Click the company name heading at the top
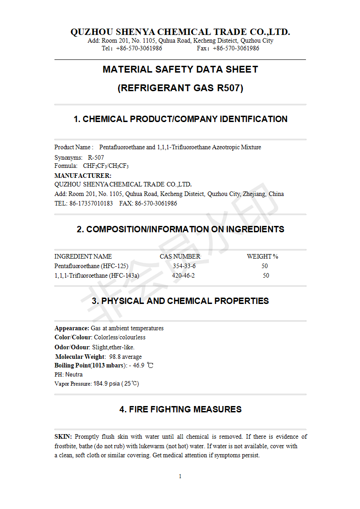(180, 32)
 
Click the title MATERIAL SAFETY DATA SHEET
(180, 69)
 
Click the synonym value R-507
(96, 157)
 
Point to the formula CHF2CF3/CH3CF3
(105, 166)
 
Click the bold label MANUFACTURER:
(83, 176)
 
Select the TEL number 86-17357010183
(91, 203)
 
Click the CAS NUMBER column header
(180, 256)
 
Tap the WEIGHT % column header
(262, 256)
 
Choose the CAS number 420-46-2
(183, 275)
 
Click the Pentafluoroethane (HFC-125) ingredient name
(91, 266)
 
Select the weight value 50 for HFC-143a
(266, 275)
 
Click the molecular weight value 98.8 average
(125, 357)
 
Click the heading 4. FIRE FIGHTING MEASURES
(180, 409)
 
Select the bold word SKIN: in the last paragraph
(63, 436)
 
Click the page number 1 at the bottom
(180, 476)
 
